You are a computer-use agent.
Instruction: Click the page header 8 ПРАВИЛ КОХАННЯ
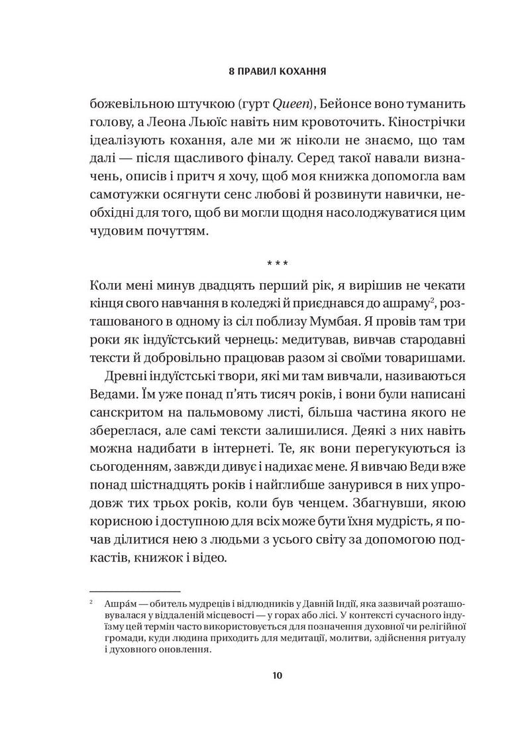[x=277, y=68]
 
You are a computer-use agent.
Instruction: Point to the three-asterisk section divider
[x=276, y=263]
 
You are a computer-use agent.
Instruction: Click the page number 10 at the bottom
[x=277, y=676]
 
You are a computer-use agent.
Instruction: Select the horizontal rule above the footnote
[x=134, y=589]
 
